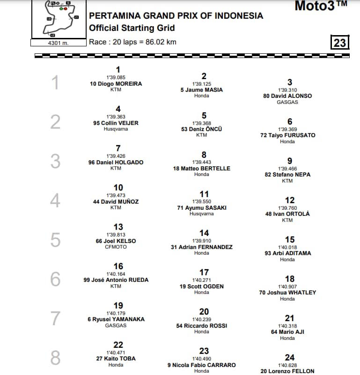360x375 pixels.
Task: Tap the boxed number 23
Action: click(x=340, y=43)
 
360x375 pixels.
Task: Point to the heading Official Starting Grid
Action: click(x=132, y=28)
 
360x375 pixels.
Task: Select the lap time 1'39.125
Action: click(x=202, y=84)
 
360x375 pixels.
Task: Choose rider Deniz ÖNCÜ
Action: click(x=202, y=129)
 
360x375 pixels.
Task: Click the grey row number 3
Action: click(x=55, y=162)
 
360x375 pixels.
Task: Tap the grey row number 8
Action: click(x=55, y=358)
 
